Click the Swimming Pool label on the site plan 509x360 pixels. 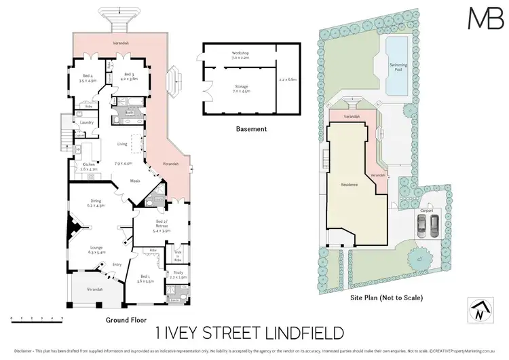pyautogui.click(x=398, y=67)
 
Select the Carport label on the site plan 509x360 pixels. pyautogui.click(x=427, y=211)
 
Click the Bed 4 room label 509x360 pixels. pyautogui.click(x=88, y=78)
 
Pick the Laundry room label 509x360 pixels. pyautogui.click(x=86, y=123)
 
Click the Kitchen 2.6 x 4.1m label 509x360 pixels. pyautogui.click(x=91, y=166)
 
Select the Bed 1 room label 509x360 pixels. pyautogui.click(x=145, y=278)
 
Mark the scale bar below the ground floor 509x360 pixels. pyautogui.click(x=37, y=317)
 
